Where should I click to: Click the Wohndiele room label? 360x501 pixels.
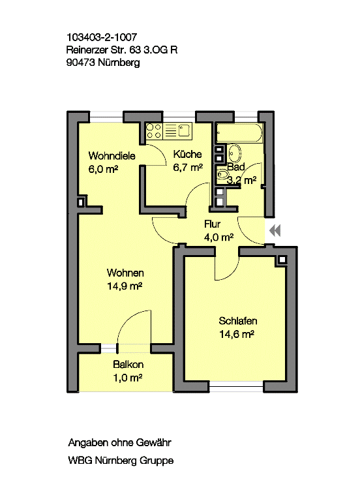[x=112, y=156]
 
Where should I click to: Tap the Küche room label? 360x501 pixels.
[x=188, y=154]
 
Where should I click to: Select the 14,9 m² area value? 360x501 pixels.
[x=125, y=286]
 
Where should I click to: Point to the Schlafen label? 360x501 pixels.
[x=238, y=321]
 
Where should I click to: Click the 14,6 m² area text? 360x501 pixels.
[x=237, y=334]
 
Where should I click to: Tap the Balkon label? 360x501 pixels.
[x=128, y=364]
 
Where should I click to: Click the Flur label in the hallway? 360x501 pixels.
[x=213, y=224]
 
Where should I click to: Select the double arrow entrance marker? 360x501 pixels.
[x=275, y=230]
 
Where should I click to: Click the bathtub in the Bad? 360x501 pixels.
[x=239, y=132]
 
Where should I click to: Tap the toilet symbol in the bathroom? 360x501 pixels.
[x=222, y=174]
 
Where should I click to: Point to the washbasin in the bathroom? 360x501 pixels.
[x=235, y=154]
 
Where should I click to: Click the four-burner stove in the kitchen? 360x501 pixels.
[x=154, y=131]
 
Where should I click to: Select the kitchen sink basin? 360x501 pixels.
[x=185, y=130]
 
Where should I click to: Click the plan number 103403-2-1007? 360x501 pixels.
[x=102, y=37]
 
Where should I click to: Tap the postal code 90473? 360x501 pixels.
[x=81, y=63]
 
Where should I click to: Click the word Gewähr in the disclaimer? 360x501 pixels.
[x=154, y=442]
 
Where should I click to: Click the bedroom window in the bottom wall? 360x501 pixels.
[x=236, y=387]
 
